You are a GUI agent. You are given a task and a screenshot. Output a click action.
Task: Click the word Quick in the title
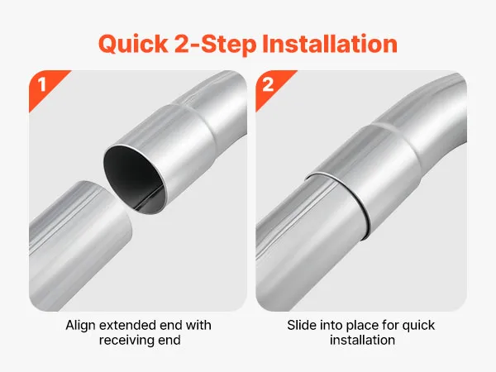coord(133,45)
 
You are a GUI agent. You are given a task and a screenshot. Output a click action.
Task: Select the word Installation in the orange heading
coord(330,43)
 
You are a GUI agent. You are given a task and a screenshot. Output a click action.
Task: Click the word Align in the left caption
coord(80,326)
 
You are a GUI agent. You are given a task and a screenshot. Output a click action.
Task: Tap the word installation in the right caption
coord(363,340)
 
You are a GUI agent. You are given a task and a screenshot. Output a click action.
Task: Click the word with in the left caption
coord(198,325)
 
